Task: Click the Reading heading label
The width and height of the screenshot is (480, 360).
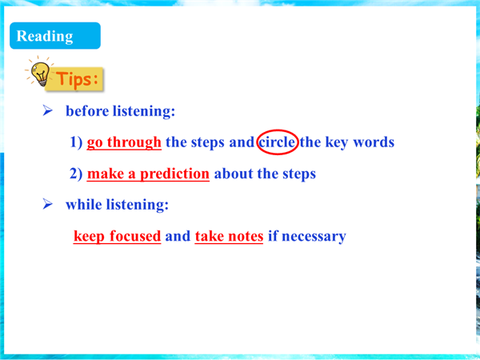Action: pyautogui.click(x=45, y=36)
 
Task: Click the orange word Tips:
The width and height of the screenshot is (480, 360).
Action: pyautogui.click(x=77, y=78)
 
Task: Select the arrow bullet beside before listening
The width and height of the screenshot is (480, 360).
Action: pyautogui.click(x=47, y=110)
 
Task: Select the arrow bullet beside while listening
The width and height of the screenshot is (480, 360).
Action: pyautogui.click(x=47, y=204)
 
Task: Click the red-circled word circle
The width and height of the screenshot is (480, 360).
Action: pyautogui.click(x=278, y=142)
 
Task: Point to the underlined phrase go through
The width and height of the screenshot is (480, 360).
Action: pyautogui.click(x=124, y=142)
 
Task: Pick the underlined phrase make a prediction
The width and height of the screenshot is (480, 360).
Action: pyautogui.click(x=148, y=174)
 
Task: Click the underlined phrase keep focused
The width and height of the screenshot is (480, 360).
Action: pyautogui.click(x=118, y=236)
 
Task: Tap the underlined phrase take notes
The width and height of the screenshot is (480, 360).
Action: pyautogui.click(x=229, y=236)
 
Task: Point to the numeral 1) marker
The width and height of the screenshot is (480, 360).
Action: pyautogui.click(x=76, y=142)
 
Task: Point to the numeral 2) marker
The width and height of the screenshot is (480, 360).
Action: pyautogui.click(x=76, y=174)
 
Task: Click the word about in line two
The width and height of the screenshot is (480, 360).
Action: pyautogui.click(x=234, y=174)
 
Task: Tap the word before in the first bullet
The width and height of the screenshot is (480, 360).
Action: pyautogui.click(x=87, y=111)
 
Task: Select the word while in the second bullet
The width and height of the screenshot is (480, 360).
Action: pyautogui.click(x=83, y=204)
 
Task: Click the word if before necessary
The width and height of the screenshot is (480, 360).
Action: pyautogui.click(x=273, y=236)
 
